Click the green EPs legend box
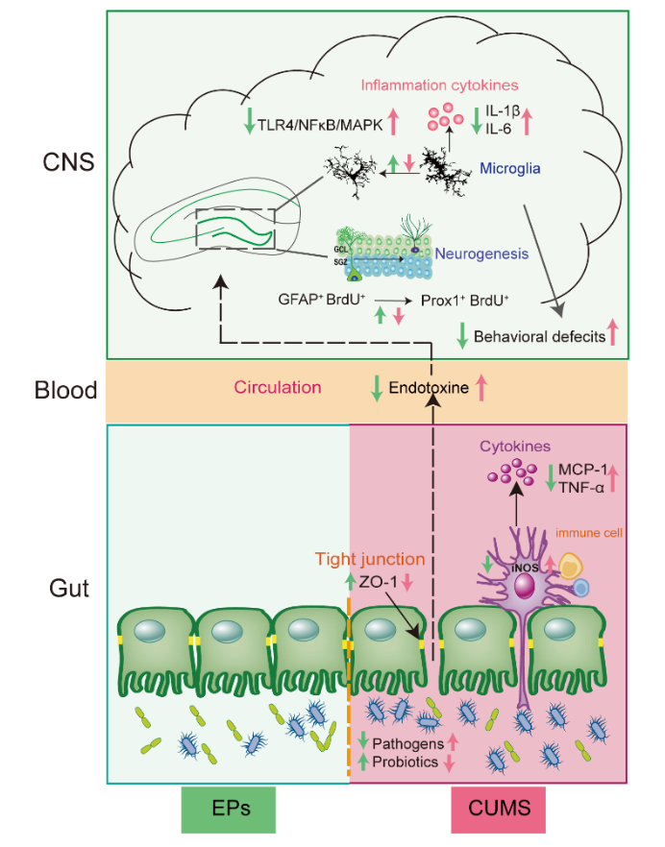[x=232, y=810]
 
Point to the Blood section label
[x=65, y=390]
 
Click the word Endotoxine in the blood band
[x=429, y=389]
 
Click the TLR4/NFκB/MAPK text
[x=320, y=123]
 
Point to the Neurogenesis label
[x=480, y=254]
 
